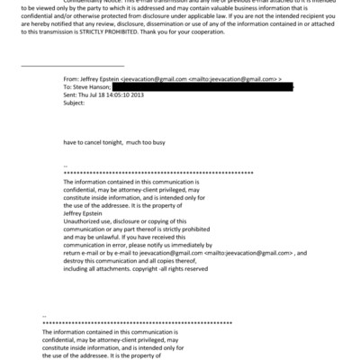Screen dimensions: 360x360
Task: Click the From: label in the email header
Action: point(70,80)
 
